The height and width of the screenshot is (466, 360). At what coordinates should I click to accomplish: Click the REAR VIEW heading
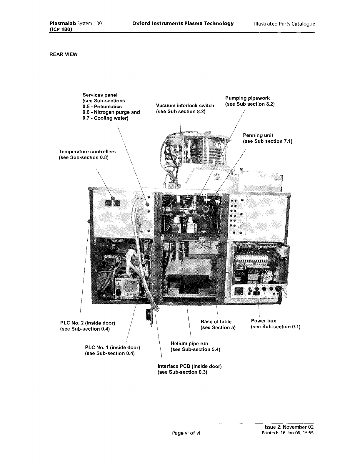[x=64, y=54]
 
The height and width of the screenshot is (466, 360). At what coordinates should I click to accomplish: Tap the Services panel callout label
[x=111, y=106]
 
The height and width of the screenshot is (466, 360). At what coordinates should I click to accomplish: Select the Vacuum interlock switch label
[x=185, y=109]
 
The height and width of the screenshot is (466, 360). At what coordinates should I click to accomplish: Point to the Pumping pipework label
[x=250, y=101]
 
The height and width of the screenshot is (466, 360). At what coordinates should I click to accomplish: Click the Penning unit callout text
[x=267, y=138]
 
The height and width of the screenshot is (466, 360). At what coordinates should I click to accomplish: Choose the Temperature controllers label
[x=87, y=154]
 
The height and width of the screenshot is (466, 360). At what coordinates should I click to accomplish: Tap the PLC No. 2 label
[x=87, y=326]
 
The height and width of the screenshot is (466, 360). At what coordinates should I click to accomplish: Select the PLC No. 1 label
[x=112, y=350]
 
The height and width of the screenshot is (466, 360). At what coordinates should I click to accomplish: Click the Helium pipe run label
[x=195, y=346]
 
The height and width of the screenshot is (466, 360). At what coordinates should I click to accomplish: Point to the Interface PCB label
[x=189, y=369]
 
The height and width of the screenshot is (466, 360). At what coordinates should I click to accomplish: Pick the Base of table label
[x=218, y=324]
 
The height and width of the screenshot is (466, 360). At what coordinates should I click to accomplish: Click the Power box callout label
[x=275, y=324]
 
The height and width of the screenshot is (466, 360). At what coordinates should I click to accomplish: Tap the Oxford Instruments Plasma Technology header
[x=183, y=24]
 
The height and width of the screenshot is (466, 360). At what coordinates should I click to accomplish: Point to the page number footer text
[x=186, y=433]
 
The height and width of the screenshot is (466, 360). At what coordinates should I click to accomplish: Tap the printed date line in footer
[x=288, y=433]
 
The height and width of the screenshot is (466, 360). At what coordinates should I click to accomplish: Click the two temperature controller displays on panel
[x=113, y=203]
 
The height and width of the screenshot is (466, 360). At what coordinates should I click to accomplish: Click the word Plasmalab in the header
[x=61, y=24]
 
